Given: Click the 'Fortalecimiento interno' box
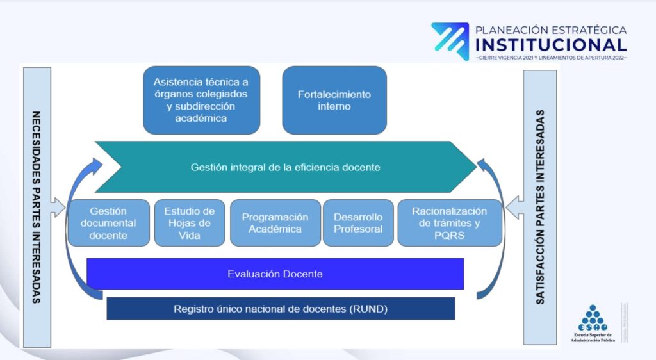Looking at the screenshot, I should coord(334,101).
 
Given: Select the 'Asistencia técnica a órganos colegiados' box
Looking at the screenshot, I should coord(201,101).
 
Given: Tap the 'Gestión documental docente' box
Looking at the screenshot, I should coord(108,223).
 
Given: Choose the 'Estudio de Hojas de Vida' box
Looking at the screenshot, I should coord(190,223).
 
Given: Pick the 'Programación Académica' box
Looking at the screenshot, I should coord(275,223).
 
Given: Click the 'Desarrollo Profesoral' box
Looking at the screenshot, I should coord(358,223).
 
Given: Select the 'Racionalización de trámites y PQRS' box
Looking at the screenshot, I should coord(449,223).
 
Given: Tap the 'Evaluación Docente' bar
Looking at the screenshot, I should coord(275,274).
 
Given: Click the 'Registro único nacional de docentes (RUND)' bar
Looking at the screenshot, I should coord(281,309).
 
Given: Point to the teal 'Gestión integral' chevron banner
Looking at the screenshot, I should coord(285,167).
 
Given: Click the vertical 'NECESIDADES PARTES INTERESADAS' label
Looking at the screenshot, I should coord(37,208).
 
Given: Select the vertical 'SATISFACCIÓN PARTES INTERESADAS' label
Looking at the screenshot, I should coord(540,208).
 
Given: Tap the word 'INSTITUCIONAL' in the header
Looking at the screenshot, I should coord(551,45).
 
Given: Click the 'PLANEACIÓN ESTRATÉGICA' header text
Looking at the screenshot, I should coord(551,29).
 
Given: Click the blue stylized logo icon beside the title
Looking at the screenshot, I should coord(450,42).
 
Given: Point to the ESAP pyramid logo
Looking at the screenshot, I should coord(593,318).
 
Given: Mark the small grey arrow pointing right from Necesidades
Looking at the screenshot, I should coord(58,208).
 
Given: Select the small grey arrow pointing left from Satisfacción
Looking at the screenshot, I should coord(514,208).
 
